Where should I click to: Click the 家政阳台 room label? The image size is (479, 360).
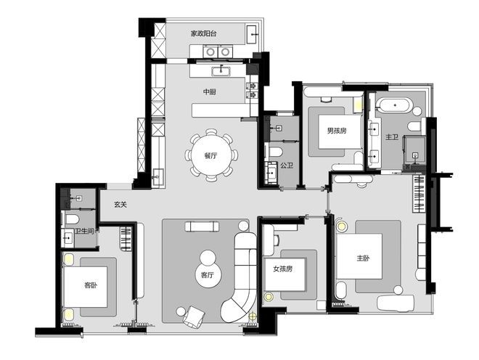pos(204,33)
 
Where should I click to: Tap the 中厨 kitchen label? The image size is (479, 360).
pos(210,91)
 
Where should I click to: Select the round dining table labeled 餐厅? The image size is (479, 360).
pos(210,155)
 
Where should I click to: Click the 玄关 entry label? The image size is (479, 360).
pos(120,205)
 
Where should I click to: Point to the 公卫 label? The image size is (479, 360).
pos(287,165)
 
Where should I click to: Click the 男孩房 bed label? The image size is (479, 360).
pos(337,131)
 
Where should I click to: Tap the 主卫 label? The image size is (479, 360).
pos(392,137)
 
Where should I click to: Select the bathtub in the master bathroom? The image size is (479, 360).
pos(395,105)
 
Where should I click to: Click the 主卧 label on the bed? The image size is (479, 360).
pos(363,258)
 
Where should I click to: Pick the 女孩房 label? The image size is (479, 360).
pos(283,269)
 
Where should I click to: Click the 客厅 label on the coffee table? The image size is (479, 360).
pos(208,275)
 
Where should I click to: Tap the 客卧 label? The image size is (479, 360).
pos(91,285)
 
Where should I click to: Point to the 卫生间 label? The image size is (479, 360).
pos(84,232)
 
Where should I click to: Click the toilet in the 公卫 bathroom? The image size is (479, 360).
pos(276,152)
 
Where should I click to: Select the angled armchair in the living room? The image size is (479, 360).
pos(194,316)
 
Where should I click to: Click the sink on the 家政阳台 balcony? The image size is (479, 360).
pos(253,35)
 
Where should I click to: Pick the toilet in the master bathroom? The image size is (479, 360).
pos(415,126)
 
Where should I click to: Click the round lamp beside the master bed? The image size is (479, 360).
pos(342,226)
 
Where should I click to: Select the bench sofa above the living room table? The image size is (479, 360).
pos(202,226)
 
